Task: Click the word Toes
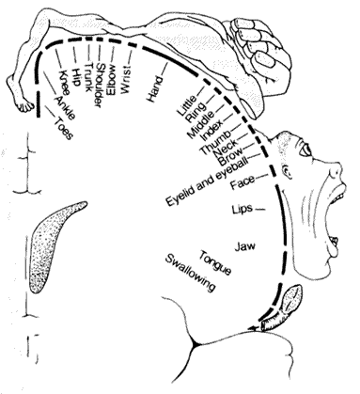[64, 128]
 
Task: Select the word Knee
[64, 83]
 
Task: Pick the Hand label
[155, 89]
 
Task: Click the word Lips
[242, 209]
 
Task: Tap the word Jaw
[244, 246]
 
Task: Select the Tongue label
[215, 262]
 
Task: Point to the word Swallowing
[191, 272]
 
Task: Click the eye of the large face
[305, 152]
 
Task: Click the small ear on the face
[287, 172]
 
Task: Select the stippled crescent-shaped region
[54, 244]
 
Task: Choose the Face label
[243, 182]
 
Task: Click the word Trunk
[88, 76]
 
